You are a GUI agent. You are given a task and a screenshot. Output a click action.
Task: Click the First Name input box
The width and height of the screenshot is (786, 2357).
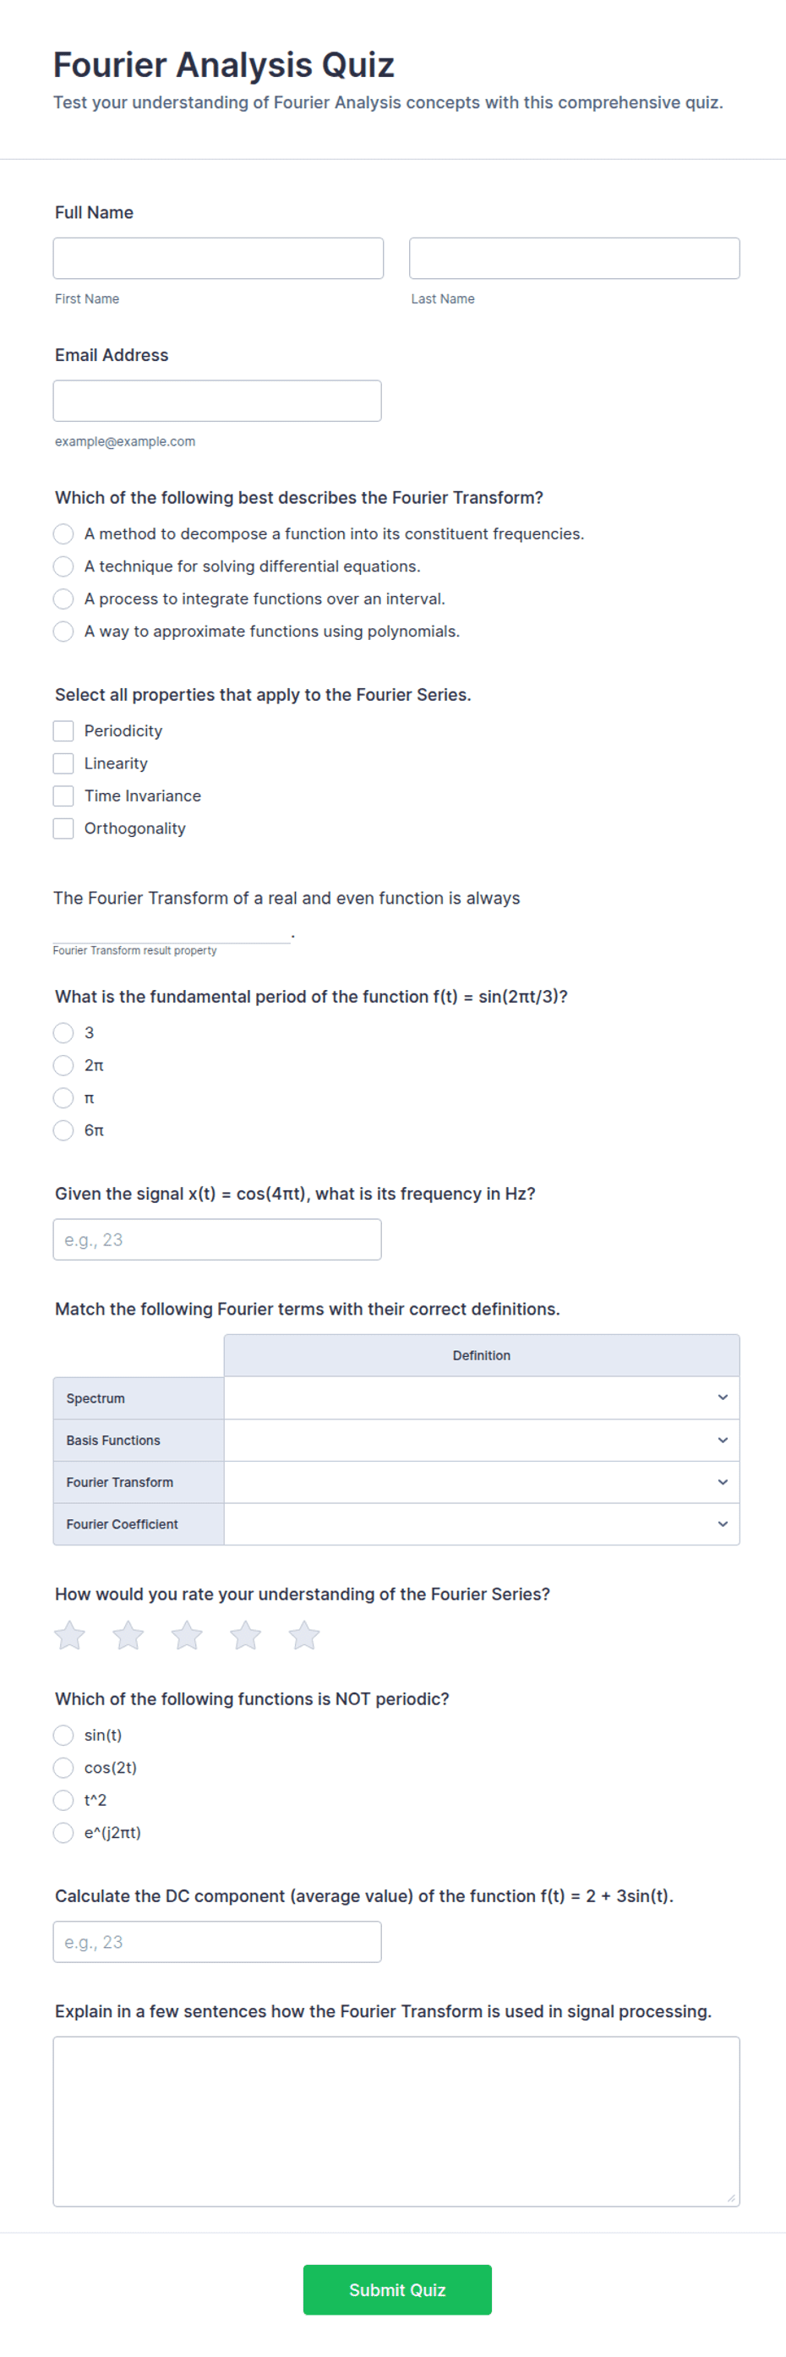[x=218, y=258]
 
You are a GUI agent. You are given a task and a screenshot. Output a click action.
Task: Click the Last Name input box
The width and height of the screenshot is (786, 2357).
[x=574, y=258]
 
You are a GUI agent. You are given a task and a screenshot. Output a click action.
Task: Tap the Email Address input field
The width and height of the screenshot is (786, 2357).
[x=217, y=401]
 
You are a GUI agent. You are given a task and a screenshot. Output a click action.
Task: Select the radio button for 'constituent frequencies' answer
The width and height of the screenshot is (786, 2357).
[x=63, y=533]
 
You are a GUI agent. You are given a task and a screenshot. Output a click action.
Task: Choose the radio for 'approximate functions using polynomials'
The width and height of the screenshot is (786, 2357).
[x=63, y=632]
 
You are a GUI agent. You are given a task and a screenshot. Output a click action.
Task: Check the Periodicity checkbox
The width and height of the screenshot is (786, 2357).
[x=63, y=731]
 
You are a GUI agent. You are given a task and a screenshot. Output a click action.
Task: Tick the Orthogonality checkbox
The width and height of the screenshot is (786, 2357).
[x=63, y=828]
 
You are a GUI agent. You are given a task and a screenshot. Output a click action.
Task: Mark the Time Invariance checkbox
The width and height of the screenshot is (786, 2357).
[x=63, y=796]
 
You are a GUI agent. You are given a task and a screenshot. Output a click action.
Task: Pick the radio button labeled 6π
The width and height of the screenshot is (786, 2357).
[x=63, y=1130]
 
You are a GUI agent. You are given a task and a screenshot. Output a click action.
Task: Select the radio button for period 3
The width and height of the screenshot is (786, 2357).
[x=63, y=1033]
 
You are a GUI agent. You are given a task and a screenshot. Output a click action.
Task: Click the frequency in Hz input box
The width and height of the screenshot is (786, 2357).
[x=217, y=1240]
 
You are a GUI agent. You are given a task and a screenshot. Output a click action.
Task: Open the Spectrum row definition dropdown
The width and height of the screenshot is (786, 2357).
[x=481, y=1398]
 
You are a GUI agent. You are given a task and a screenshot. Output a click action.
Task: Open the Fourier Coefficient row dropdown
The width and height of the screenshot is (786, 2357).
[x=481, y=1524]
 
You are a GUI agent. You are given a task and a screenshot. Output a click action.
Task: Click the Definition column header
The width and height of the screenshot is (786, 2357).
[x=481, y=1355]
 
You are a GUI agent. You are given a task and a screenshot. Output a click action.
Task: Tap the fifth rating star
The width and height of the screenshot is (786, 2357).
[x=303, y=1635]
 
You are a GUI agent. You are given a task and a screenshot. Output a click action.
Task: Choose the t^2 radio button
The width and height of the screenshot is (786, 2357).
[x=63, y=1800]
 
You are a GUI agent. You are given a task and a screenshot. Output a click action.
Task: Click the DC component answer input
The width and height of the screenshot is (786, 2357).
[x=217, y=1942]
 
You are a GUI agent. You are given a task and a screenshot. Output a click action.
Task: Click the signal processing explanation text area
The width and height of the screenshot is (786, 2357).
[x=396, y=2121]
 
